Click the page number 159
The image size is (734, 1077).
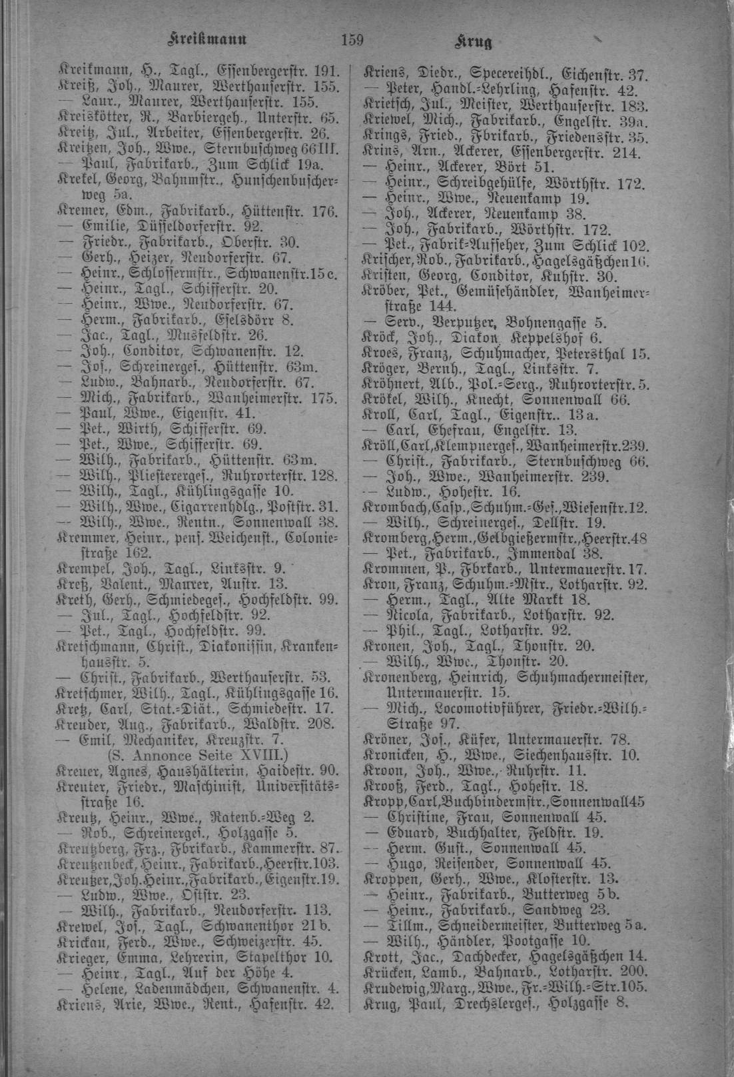click(x=350, y=40)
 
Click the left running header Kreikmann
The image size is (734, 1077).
click(x=208, y=40)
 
